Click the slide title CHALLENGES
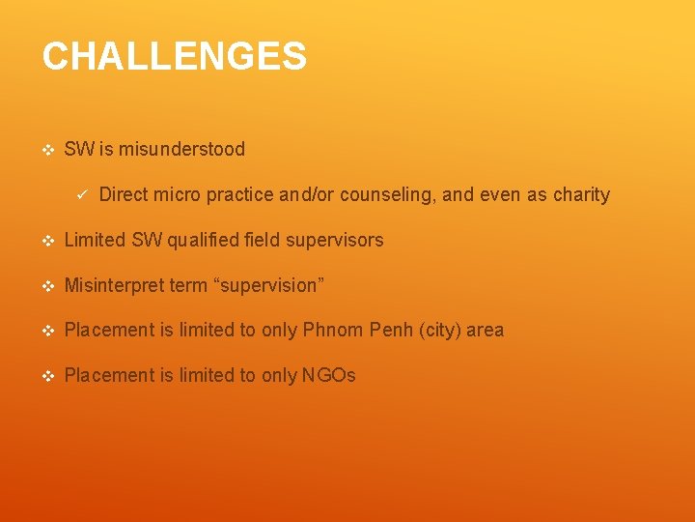point(174,57)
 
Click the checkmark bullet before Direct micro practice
point(82,194)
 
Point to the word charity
point(581,194)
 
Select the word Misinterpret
point(114,285)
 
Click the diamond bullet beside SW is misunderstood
point(47,150)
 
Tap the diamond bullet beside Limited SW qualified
point(47,241)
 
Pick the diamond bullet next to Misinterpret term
point(47,286)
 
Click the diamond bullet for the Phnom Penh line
point(47,331)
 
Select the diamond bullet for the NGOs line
point(47,376)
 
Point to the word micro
point(174,194)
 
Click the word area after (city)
point(486,330)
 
